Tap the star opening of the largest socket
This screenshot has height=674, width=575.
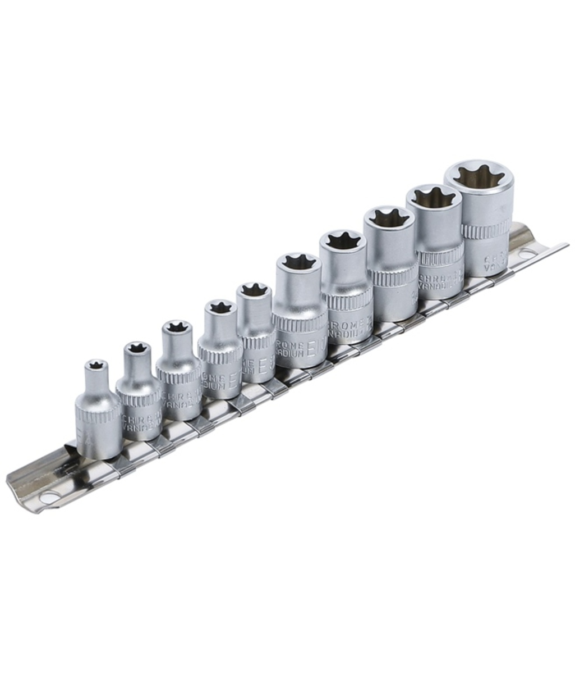click(479, 176)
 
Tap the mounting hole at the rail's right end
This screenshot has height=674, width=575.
click(525, 253)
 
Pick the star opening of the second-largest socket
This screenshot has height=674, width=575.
click(433, 197)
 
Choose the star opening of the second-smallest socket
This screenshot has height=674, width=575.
click(136, 348)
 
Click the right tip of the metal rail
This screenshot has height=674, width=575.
click(567, 245)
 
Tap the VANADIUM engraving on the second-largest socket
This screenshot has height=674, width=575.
click(443, 285)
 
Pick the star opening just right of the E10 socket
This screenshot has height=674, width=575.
click(342, 240)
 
